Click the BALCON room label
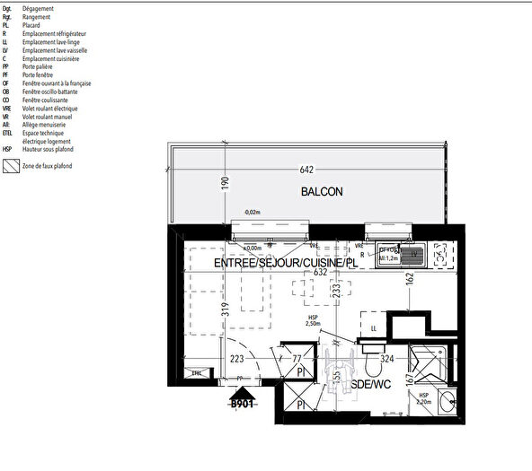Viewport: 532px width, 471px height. (322, 191)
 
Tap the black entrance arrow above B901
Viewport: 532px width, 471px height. (240, 390)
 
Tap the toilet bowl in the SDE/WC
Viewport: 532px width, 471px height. (373, 365)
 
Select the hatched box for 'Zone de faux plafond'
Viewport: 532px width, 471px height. (10, 166)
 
